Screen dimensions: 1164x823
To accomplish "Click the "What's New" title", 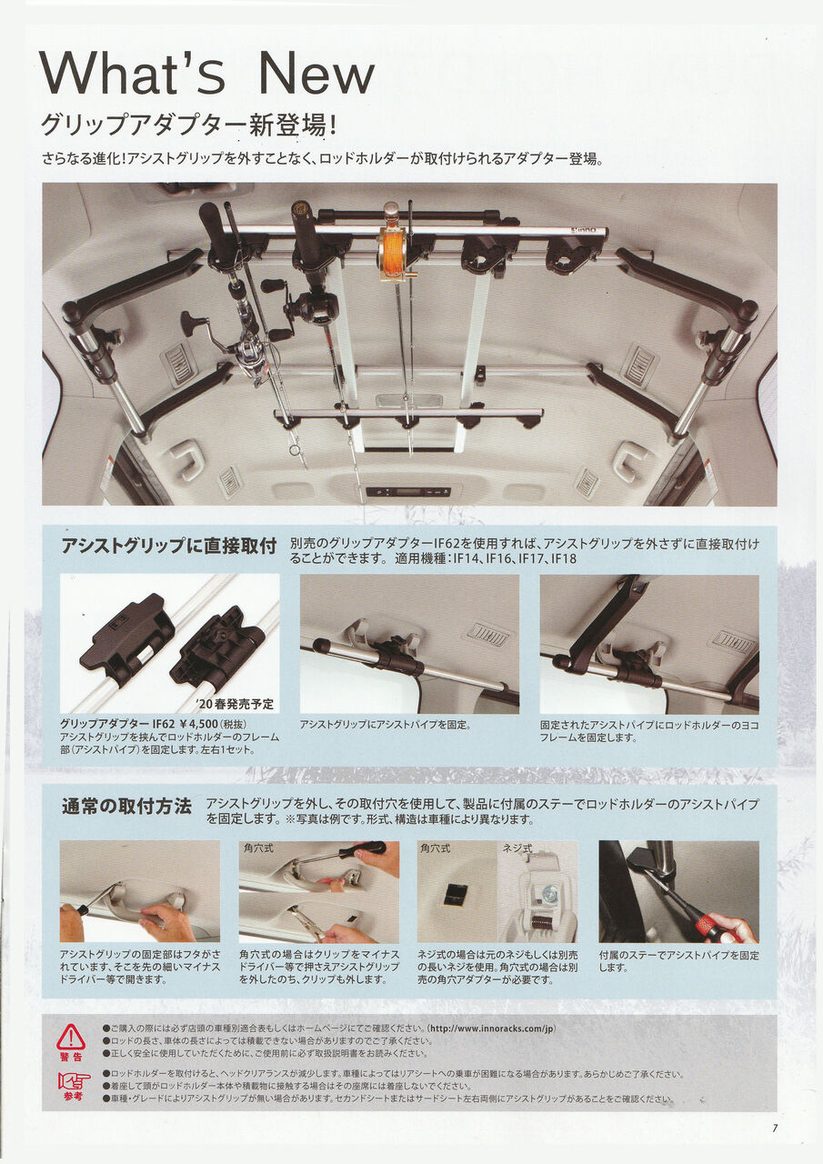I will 207,74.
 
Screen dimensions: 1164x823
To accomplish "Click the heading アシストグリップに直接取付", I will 168,547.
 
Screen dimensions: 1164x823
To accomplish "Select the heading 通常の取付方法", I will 126,806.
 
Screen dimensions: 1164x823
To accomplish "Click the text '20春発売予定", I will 234,704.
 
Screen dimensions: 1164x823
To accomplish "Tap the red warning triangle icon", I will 71,1037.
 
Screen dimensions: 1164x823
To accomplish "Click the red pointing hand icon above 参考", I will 74,1080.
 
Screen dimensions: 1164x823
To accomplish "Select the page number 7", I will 775,1129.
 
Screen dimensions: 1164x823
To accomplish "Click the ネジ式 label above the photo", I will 517,848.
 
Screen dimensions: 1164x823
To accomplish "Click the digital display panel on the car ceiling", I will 407,491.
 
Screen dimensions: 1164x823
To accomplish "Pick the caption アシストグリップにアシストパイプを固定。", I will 385,725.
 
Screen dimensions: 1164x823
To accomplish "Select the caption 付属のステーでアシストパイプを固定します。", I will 678,961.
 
